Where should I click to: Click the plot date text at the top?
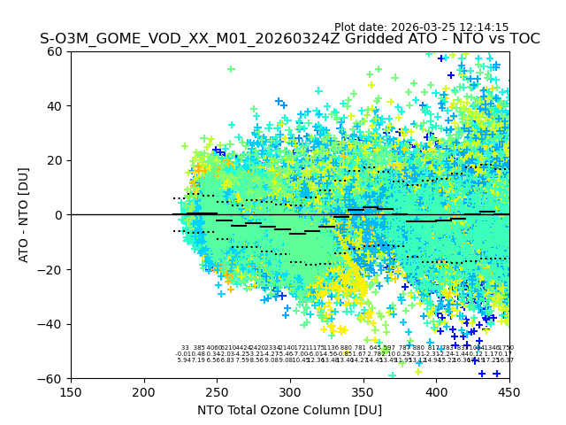[421, 27]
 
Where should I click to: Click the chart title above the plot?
[289, 40]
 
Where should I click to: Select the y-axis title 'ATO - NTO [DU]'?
[24, 215]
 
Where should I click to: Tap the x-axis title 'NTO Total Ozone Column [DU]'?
[289, 410]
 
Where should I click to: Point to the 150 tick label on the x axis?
[71, 392]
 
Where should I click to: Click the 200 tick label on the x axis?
[144, 392]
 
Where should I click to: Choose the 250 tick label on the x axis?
[217, 392]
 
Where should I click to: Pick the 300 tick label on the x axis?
[290, 392]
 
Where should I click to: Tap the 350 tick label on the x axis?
[363, 392]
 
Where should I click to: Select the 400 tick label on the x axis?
[436, 392]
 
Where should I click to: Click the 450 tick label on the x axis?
[509, 392]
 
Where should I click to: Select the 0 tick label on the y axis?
[59, 215]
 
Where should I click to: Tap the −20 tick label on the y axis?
[51, 269]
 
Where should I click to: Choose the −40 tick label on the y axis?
[51, 324]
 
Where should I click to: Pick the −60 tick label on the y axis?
[51, 378]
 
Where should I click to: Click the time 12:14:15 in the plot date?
[484, 27]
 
